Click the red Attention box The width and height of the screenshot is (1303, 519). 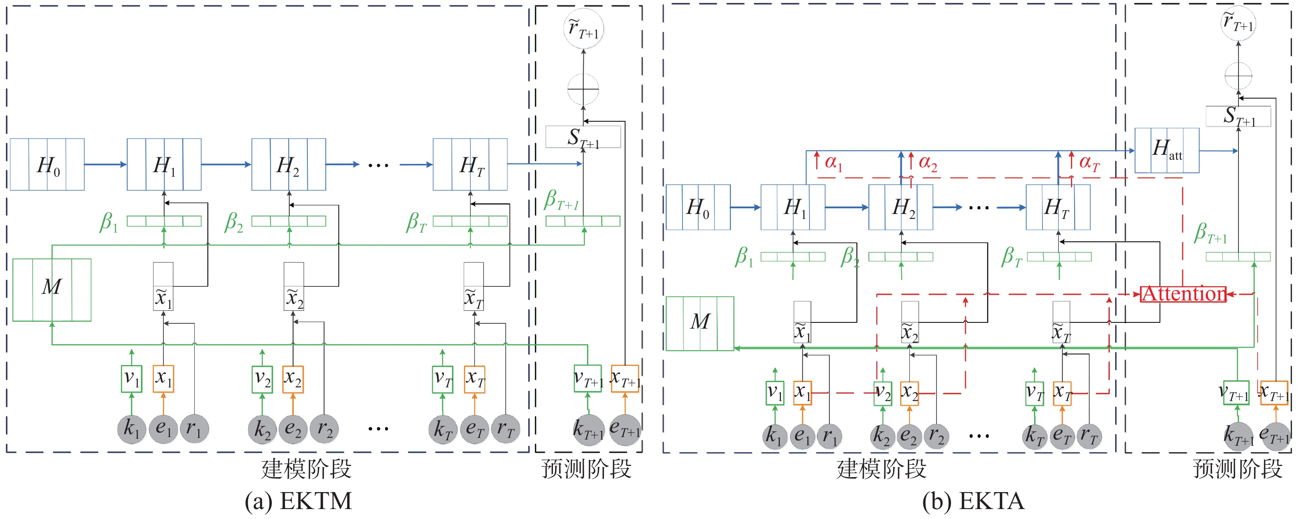pyautogui.click(x=1183, y=294)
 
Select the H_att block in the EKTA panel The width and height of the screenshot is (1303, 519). pyautogui.click(x=1166, y=150)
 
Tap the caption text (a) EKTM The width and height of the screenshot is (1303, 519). pyautogui.click(x=298, y=501)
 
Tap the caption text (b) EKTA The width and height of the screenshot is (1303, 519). pyautogui.click(x=972, y=501)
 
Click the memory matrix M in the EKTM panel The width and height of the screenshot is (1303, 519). pyautogui.click(x=52, y=290)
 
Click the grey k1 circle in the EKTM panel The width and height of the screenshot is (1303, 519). pyautogui.click(x=132, y=429)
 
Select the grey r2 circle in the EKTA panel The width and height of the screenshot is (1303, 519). pyautogui.click(x=936, y=436)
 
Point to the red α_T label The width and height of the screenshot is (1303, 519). pyautogui.click(x=1089, y=163)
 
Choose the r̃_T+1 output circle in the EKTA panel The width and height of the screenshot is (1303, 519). pyautogui.click(x=1238, y=23)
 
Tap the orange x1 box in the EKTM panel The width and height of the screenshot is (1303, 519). pyautogui.click(x=163, y=379)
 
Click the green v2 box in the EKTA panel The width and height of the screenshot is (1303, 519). pyautogui.click(x=883, y=393)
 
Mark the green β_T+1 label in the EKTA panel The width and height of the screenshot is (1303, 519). pyautogui.click(x=1210, y=233)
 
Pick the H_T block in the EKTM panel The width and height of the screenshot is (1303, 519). pyautogui.click(x=470, y=165)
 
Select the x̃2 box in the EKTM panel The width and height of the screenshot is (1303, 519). pyautogui.click(x=293, y=286)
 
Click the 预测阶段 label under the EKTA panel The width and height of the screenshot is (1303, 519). pyautogui.click(x=1237, y=469)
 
